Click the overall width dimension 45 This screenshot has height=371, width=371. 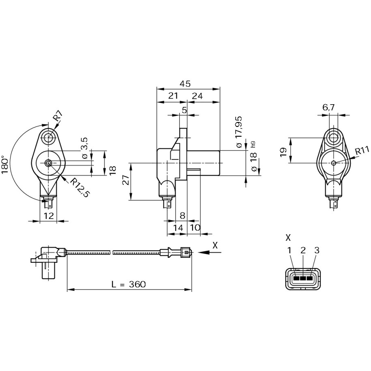[x=185, y=84]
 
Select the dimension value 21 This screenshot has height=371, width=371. [x=173, y=96]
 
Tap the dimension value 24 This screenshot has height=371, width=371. [x=197, y=96]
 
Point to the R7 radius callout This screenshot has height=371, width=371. [x=57, y=116]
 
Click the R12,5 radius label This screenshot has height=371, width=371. [x=79, y=188]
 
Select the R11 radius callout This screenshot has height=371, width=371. [x=362, y=151]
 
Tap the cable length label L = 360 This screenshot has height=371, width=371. [x=128, y=284]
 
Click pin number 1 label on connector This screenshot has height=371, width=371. [x=290, y=251]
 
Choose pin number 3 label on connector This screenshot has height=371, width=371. [x=317, y=251]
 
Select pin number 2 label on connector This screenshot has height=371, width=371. [x=303, y=251]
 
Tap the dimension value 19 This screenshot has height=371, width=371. [x=283, y=151]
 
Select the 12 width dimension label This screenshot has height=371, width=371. [x=49, y=216]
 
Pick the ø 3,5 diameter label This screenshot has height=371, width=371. [x=84, y=148]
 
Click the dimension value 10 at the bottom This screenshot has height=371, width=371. [x=195, y=228]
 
